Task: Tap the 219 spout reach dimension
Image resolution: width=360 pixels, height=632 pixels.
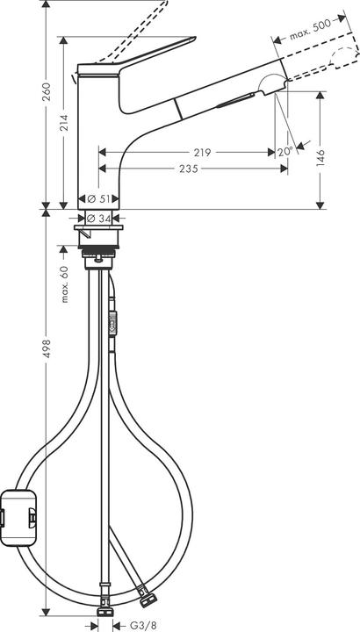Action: point(202,152)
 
